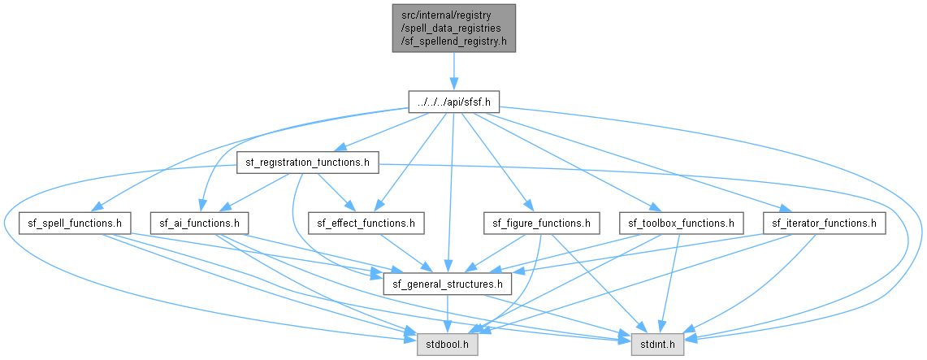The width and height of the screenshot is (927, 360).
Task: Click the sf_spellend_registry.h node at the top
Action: [x=453, y=28]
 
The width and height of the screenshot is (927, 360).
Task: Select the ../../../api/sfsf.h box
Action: [x=453, y=102]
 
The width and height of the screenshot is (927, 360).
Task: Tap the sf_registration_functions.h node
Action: [x=307, y=163]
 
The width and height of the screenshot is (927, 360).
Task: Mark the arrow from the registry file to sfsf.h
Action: [x=453, y=72]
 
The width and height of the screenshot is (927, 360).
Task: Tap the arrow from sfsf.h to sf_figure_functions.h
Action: [x=495, y=163]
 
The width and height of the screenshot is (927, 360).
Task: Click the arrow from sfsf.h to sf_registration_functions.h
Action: [x=385, y=132]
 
